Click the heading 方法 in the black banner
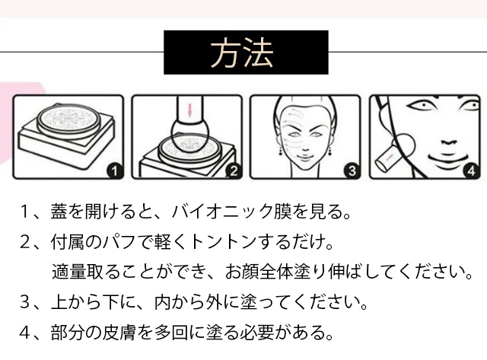point(242,53)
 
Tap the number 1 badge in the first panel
point(114,170)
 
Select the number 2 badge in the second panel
point(234,170)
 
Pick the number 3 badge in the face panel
point(352,170)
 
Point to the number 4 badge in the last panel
point(471,170)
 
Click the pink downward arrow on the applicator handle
point(189,110)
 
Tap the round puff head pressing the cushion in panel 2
point(189,135)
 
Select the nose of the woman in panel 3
point(305,147)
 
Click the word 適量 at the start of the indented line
point(68,272)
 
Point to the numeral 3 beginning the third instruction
point(24,302)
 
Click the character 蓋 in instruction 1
point(59,212)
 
